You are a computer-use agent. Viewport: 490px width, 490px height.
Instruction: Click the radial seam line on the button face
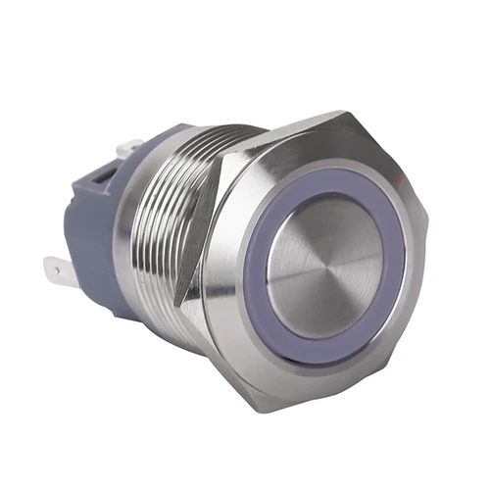pyautogui.click(x=353, y=260)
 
